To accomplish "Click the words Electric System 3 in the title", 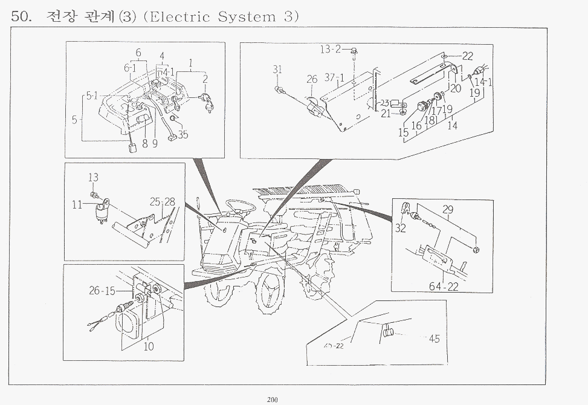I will tap(222, 16).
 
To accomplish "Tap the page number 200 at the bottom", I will tap(273, 398).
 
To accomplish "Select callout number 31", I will tap(277, 70).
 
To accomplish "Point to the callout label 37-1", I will tap(334, 78).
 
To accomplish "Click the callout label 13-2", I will tap(331, 49).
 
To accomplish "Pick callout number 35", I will tap(183, 135).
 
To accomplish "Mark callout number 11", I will tap(77, 204).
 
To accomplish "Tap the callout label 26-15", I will tap(102, 291).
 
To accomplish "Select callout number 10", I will tap(148, 346).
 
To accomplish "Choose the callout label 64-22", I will tap(445, 287).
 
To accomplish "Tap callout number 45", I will tap(434, 339).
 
